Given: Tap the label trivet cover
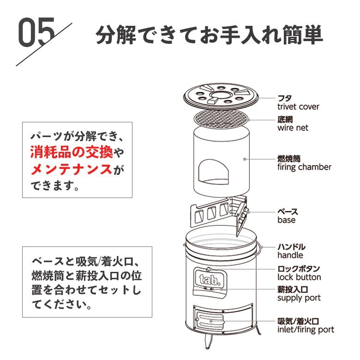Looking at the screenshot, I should click(x=298, y=107).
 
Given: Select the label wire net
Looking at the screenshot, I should click(x=293, y=128).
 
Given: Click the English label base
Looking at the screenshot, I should click(x=286, y=220).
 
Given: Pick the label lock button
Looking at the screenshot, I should click(x=299, y=277).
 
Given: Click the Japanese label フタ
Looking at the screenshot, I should click(x=284, y=98).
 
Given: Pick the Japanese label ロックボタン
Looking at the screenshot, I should click(x=299, y=269).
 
